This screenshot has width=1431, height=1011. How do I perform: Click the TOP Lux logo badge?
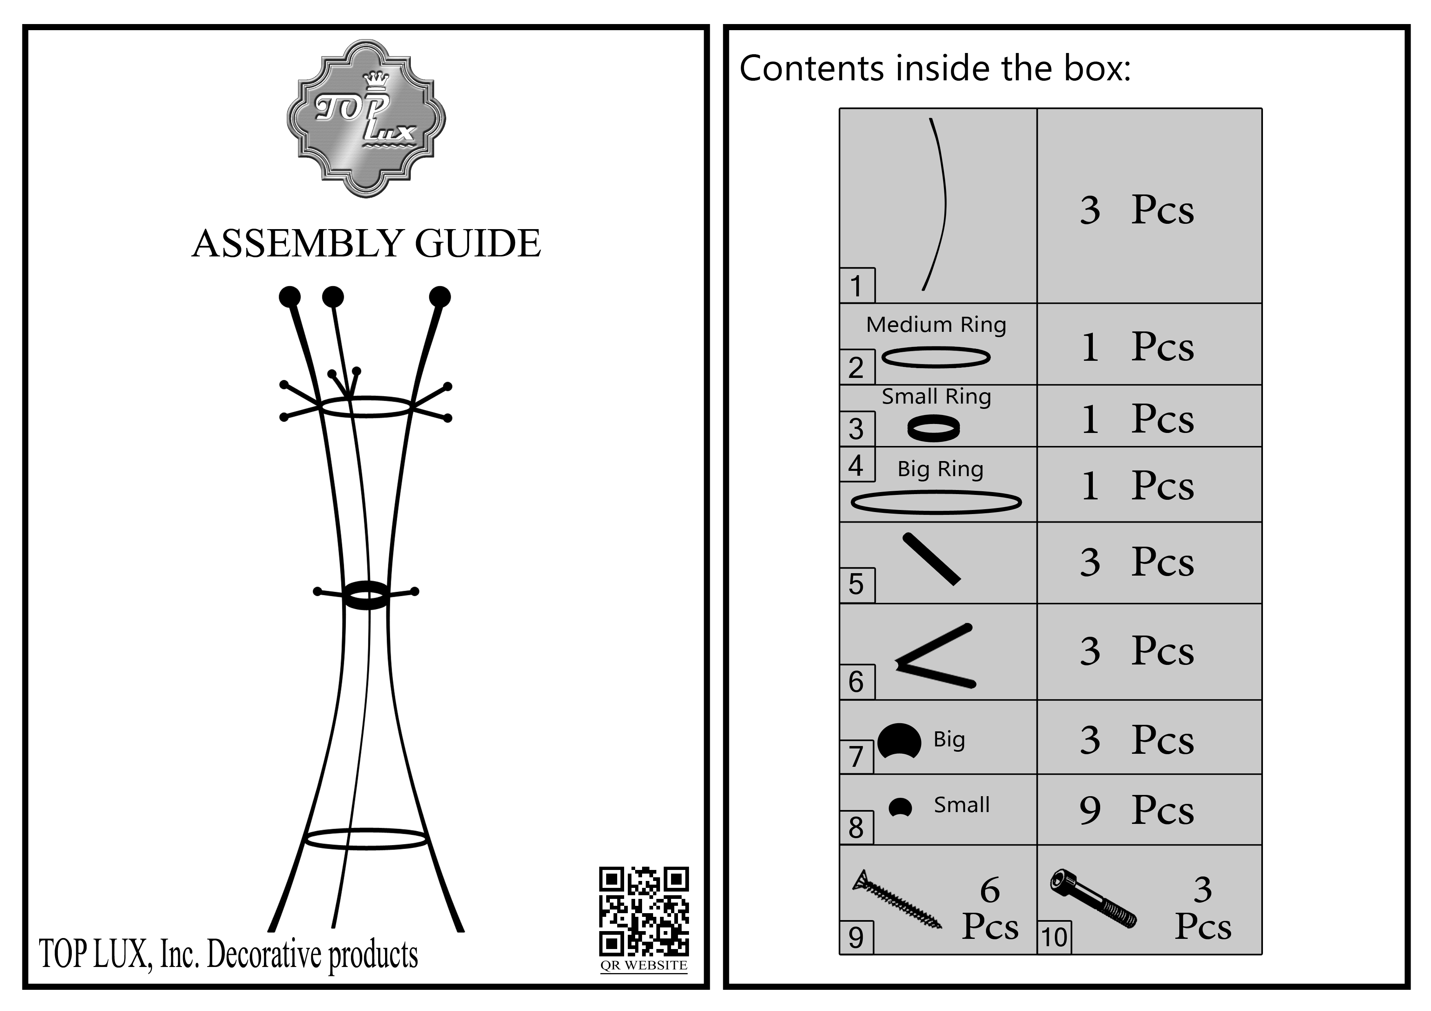point(366,118)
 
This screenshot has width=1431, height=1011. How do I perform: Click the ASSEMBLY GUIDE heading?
point(366,243)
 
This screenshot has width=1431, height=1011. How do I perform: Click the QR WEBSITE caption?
point(644,965)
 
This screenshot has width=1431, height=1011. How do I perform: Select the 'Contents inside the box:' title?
point(935,68)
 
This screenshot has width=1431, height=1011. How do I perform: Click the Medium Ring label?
point(936,324)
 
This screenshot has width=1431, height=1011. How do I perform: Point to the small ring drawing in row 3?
point(933,428)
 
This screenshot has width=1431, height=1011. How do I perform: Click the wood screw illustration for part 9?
point(897,898)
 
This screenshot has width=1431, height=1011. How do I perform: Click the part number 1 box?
point(856,286)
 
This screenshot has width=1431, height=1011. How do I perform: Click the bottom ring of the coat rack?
point(366,839)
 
